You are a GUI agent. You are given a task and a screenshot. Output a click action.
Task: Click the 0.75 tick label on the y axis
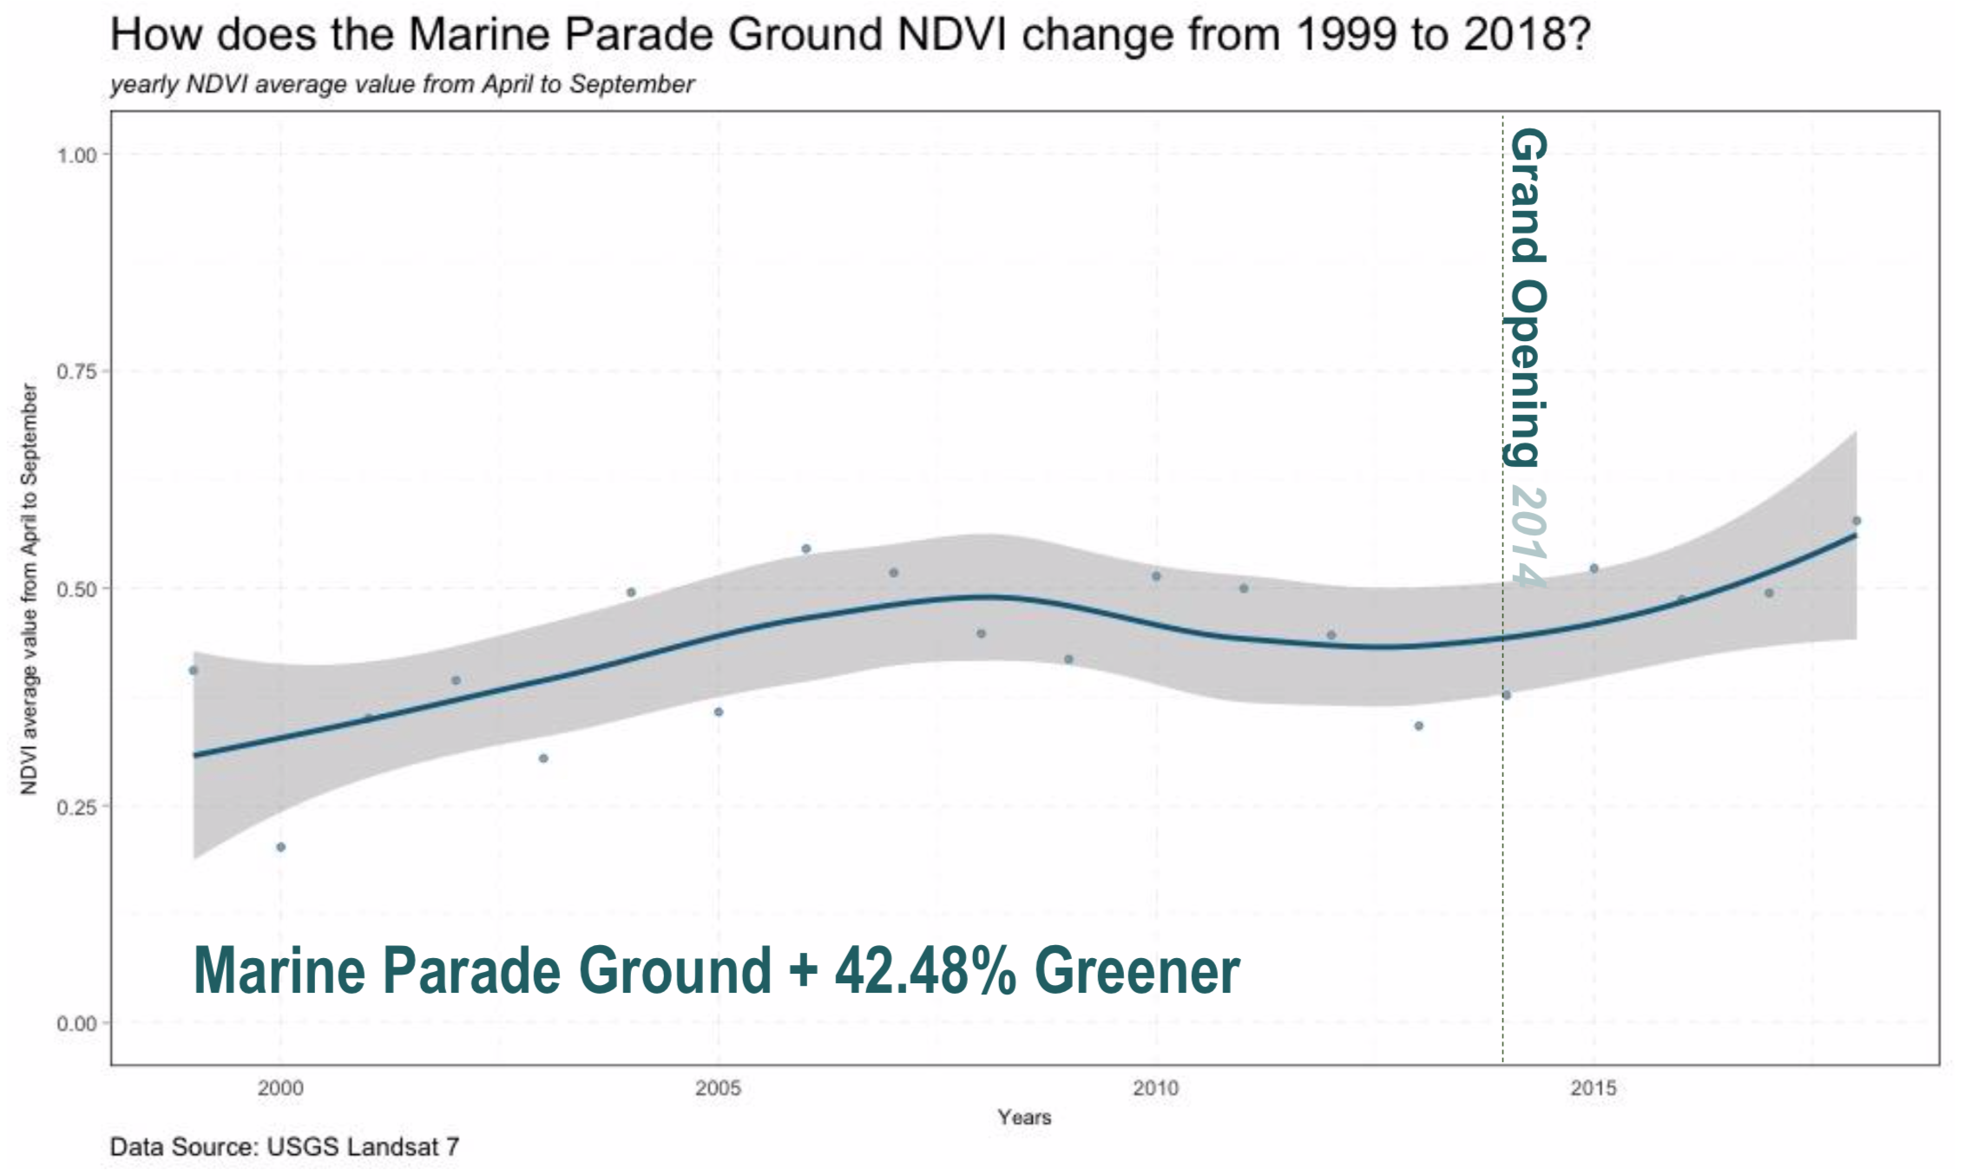click(76, 371)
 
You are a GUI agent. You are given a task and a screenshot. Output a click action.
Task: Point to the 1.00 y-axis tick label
click(76, 155)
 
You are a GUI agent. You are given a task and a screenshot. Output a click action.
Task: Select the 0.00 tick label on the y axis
click(76, 1024)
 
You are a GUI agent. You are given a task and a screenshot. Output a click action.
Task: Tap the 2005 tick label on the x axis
click(718, 1088)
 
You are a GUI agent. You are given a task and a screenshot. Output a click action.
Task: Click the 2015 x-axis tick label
click(1594, 1088)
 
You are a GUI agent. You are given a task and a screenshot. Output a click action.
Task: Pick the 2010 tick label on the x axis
click(1155, 1088)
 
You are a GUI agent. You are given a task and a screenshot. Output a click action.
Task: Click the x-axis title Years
click(1024, 1117)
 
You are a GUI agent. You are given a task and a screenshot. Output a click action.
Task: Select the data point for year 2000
click(280, 847)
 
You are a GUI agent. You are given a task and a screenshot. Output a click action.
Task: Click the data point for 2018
click(1857, 521)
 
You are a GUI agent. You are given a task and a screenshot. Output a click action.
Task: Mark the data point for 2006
click(805, 548)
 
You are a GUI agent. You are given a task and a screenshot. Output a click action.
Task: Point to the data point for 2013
click(1418, 725)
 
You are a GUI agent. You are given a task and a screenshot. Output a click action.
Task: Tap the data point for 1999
click(194, 670)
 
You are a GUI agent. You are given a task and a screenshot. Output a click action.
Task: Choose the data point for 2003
click(543, 758)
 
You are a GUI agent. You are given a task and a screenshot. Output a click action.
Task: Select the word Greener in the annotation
click(1137, 970)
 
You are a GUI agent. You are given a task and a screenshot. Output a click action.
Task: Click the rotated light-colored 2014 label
click(1528, 535)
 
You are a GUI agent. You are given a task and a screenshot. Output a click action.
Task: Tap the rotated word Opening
click(1528, 373)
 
